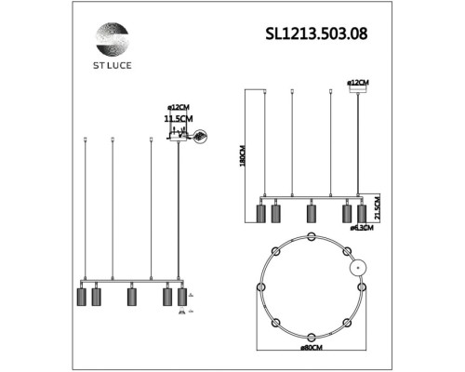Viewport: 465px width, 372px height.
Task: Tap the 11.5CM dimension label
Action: click(178, 120)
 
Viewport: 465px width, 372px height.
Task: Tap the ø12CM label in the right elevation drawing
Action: click(359, 83)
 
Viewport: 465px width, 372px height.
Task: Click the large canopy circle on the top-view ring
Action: click(359, 268)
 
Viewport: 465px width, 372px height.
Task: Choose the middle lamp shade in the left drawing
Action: click(131, 298)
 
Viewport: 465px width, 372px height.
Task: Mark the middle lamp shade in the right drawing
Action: click(311, 213)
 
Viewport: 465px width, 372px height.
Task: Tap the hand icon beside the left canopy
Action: click(199, 137)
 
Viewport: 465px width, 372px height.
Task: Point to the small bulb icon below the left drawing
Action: click(181, 314)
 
